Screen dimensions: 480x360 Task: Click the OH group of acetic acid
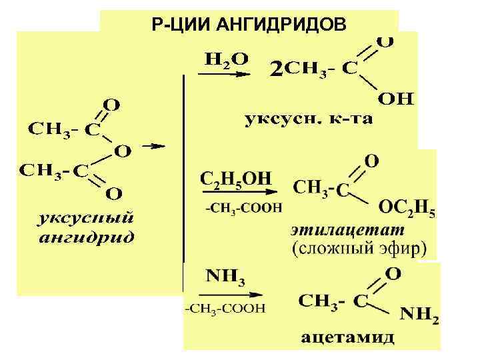pos(397,99)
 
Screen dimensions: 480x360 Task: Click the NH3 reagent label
pos(224,275)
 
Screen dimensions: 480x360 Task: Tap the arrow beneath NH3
pos(224,293)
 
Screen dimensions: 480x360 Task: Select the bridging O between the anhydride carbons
pos(123,151)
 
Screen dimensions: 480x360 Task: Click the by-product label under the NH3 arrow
pos(225,309)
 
